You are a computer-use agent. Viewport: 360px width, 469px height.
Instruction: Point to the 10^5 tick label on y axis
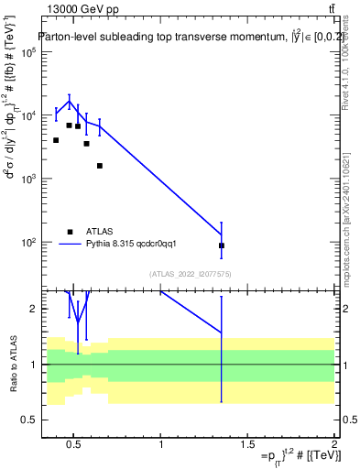[27, 52]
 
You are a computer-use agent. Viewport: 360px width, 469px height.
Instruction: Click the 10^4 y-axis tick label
[27, 115]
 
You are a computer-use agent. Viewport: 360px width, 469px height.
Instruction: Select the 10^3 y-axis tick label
[27, 179]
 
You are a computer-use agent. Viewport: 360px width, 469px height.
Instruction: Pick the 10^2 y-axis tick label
[27, 243]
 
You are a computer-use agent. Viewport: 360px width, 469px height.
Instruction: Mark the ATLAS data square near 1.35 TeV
[222, 245]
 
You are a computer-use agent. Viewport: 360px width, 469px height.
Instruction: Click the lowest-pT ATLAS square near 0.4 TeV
[56, 140]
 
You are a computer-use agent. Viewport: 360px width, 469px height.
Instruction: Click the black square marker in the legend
[70, 232]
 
